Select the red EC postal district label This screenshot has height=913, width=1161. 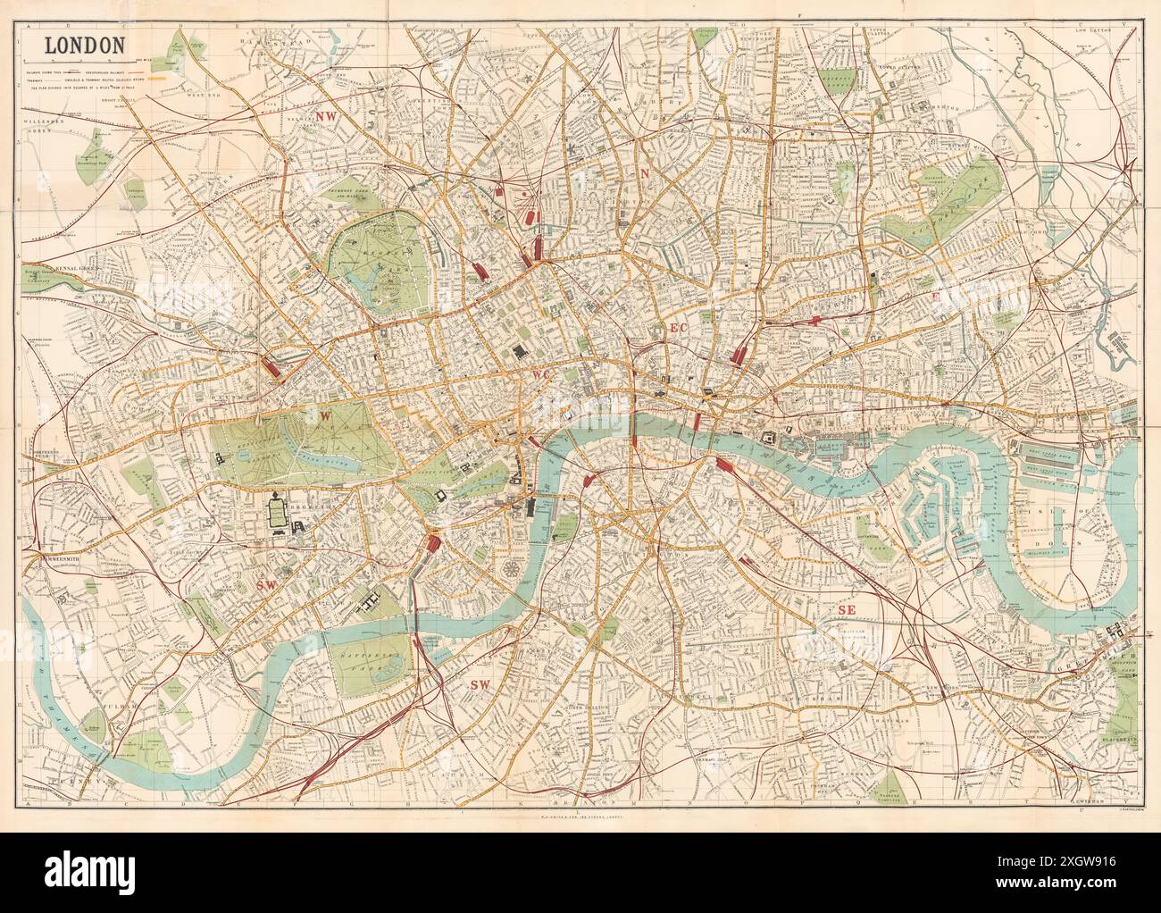678,329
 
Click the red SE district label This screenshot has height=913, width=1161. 847,609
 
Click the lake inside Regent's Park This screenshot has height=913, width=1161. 368,284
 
